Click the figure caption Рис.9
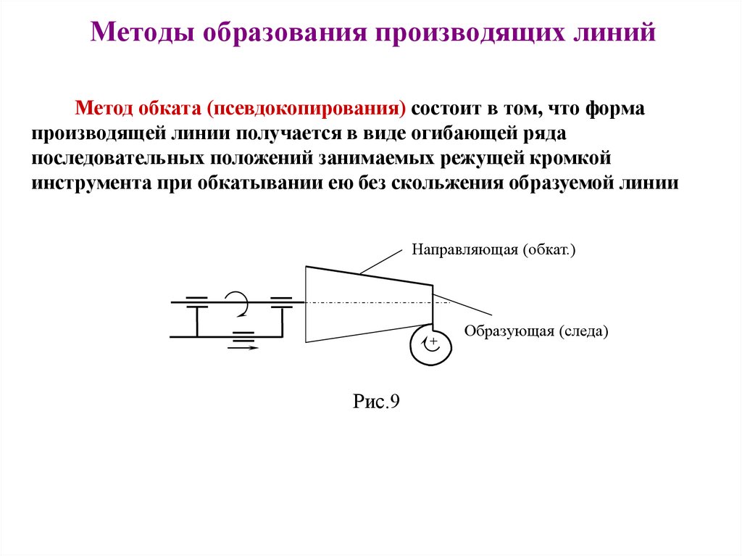[x=376, y=401]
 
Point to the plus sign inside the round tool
[x=434, y=341]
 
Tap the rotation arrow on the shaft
[x=237, y=302]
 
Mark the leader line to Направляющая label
[x=380, y=262]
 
